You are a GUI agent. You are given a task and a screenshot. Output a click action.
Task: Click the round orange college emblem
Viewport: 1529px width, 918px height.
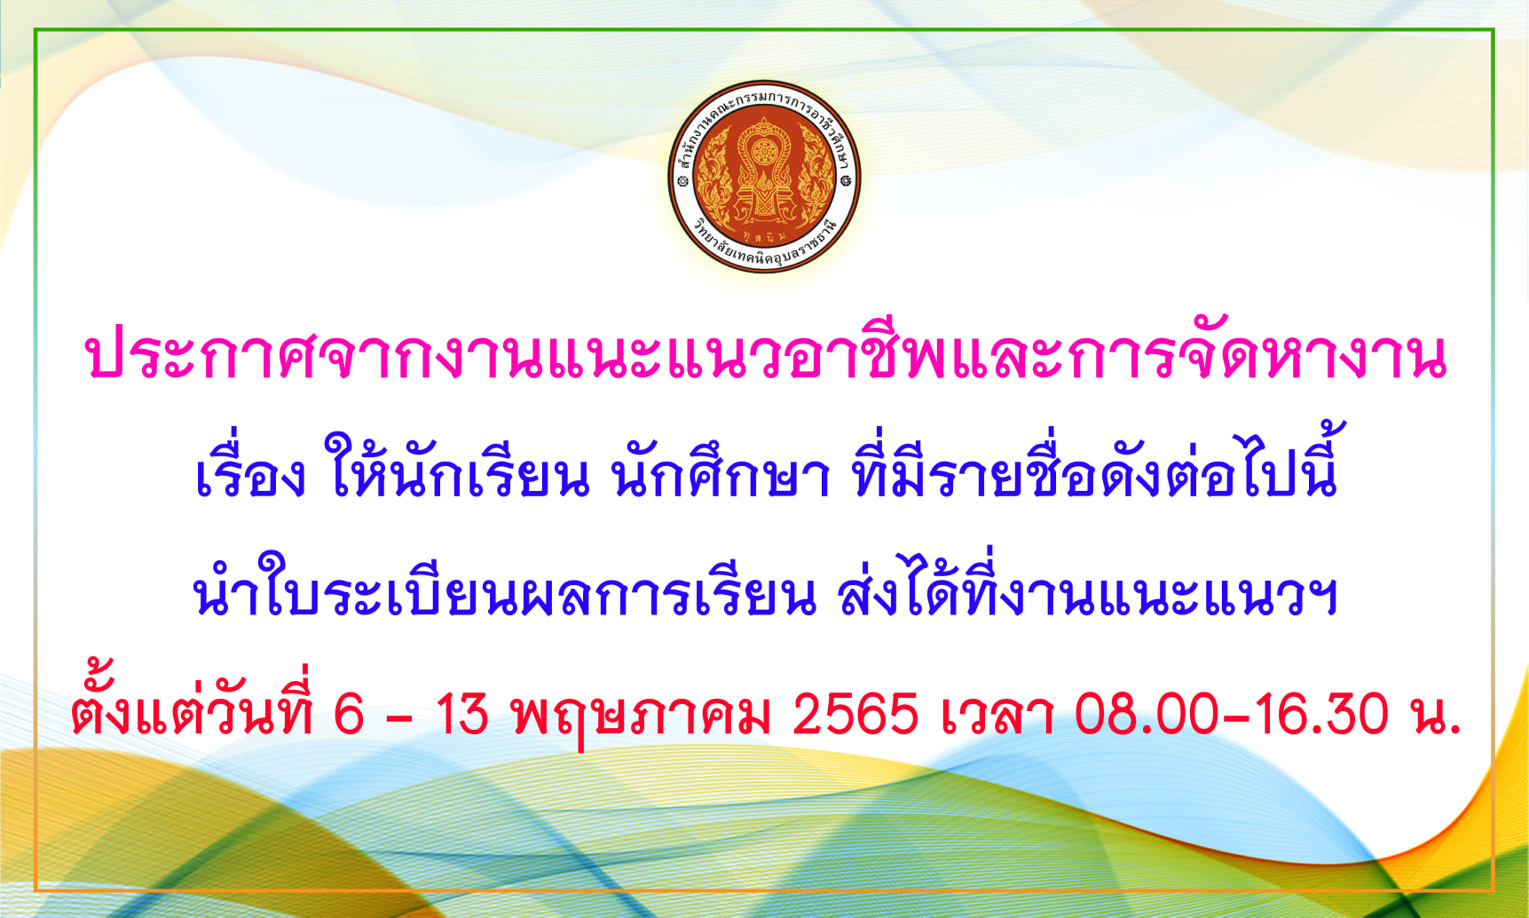764,177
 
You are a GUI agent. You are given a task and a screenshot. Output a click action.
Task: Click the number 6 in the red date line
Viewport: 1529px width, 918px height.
349,714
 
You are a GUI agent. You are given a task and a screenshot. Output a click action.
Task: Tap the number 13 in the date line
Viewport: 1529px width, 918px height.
462,714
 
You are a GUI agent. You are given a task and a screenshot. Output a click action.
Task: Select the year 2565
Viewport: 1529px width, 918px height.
855,714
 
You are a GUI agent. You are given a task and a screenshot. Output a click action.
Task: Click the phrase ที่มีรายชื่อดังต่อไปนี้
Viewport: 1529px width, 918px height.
1095,462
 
